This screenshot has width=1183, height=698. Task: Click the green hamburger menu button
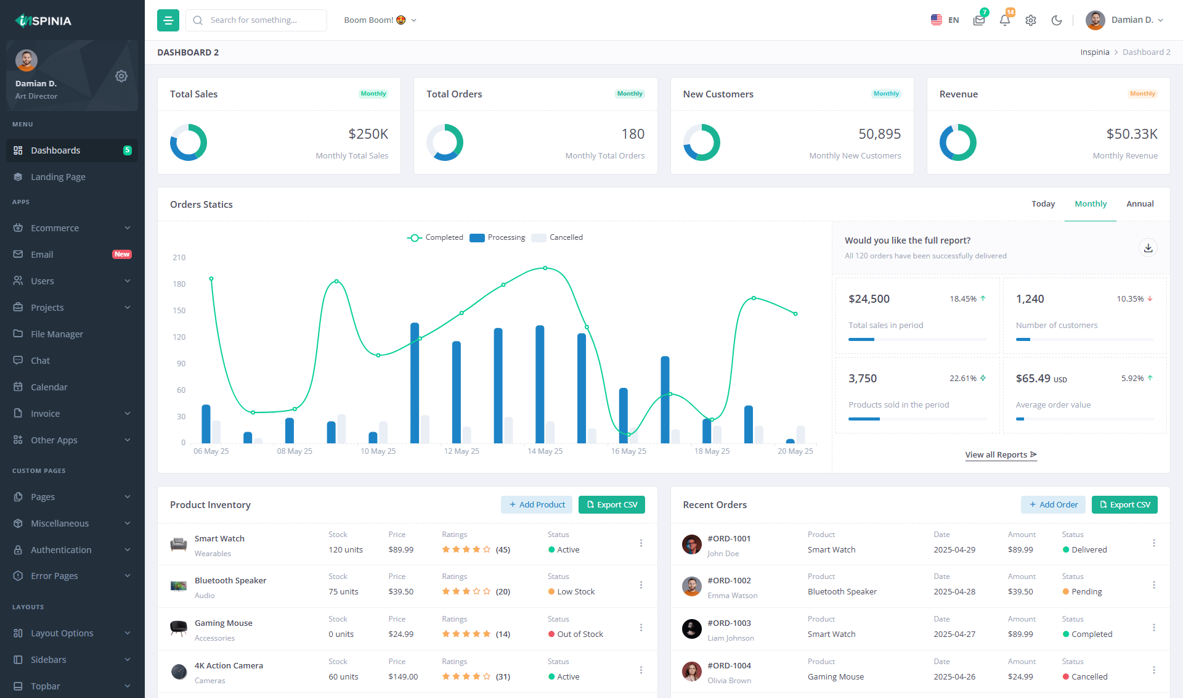tap(168, 20)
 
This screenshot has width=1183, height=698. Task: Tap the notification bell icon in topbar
tap(1004, 20)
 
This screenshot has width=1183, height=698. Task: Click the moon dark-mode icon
tap(1056, 20)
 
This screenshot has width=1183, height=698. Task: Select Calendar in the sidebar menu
tap(49, 387)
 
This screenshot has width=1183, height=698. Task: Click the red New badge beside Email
tap(122, 255)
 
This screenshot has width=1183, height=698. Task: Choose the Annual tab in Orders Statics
tap(1139, 204)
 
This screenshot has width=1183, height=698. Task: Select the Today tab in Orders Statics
tap(1043, 204)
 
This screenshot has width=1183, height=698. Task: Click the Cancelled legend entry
tap(565, 237)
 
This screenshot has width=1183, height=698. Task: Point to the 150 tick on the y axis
tap(179, 311)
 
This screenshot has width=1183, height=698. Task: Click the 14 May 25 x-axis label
tap(545, 451)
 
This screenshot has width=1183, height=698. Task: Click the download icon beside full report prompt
tap(1148, 248)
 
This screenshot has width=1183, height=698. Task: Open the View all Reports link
tap(1001, 455)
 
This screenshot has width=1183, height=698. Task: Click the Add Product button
tap(536, 505)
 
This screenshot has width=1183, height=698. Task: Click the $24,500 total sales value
tap(869, 299)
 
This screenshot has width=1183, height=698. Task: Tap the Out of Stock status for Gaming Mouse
tap(579, 634)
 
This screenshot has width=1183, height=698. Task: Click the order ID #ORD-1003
tap(729, 623)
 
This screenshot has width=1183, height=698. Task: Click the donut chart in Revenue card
tap(957, 142)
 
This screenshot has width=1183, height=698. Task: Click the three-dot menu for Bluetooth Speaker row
tap(641, 585)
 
